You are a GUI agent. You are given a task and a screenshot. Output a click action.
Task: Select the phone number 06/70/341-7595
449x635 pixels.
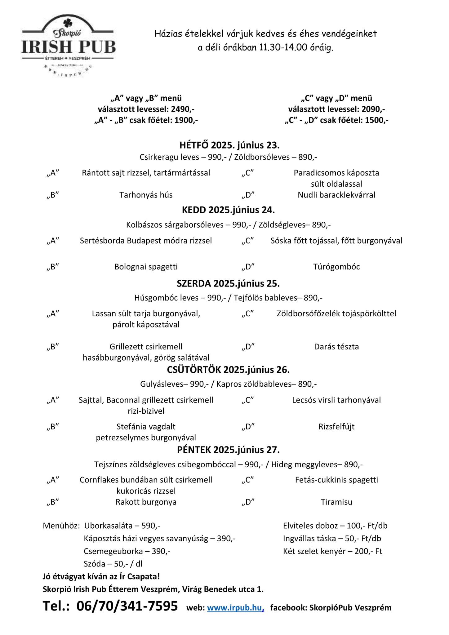[127, 606]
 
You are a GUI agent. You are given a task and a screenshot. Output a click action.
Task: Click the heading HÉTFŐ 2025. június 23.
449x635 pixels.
[229, 145]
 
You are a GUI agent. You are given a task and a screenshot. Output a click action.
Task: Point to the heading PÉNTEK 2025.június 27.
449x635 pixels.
[228, 450]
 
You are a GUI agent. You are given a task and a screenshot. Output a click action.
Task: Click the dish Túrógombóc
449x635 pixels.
[336, 267]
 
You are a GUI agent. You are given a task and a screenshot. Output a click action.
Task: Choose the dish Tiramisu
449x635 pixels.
[336, 502]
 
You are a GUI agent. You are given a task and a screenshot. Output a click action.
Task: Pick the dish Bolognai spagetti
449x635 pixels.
[146, 267]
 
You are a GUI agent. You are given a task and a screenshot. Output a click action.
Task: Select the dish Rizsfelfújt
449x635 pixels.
[336, 427]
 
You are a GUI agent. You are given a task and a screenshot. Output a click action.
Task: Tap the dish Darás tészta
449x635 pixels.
[336, 347]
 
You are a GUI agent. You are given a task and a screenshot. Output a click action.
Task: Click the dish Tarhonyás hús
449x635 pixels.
[146, 195]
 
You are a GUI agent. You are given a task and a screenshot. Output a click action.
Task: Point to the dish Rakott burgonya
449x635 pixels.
[146, 502]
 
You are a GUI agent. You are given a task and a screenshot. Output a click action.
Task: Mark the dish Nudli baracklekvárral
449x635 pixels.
[336, 195]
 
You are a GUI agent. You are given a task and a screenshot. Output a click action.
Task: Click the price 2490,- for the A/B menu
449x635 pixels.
[184, 109]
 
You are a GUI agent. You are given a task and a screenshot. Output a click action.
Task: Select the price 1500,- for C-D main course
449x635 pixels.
[376, 120]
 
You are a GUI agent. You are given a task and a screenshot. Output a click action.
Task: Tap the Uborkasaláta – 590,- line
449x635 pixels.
[122, 526]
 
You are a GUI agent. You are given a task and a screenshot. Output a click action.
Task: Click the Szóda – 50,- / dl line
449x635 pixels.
[113, 564]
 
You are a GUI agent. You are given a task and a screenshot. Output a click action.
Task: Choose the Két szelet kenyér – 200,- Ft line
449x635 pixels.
[332, 551]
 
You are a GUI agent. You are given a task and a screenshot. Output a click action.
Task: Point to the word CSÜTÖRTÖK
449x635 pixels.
[194, 370]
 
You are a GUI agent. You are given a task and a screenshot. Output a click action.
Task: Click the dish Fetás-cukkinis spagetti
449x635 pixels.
[336, 480]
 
